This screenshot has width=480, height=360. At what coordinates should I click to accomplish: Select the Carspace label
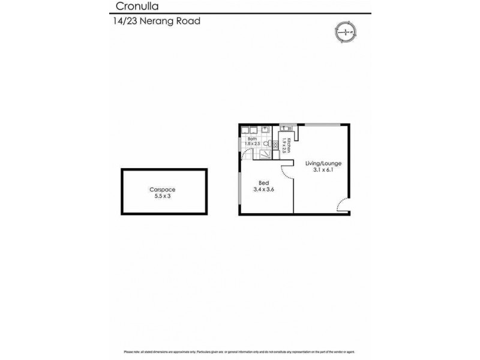[x=163, y=190]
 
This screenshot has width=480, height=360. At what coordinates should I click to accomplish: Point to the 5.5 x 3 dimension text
[x=163, y=196]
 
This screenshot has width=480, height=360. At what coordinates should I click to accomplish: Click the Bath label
[x=252, y=139]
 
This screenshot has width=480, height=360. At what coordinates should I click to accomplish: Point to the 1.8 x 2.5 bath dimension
[x=252, y=144]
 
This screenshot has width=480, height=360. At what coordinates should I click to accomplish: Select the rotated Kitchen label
[x=289, y=145]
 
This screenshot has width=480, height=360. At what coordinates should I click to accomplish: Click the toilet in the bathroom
[x=268, y=145]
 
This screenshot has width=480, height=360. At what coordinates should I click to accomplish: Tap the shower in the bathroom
[x=263, y=154]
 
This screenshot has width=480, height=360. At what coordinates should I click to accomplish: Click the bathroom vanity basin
[x=247, y=129]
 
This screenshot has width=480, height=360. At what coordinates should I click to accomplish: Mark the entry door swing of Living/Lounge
[x=343, y=206]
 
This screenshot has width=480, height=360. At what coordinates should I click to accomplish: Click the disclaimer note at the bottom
[x=240, y=352]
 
